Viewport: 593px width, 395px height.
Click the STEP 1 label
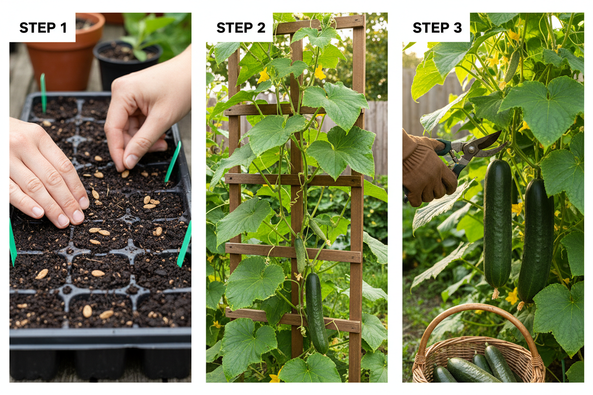43,28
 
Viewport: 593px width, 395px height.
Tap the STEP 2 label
241,28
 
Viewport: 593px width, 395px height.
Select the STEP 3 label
437,28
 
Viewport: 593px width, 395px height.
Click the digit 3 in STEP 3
458,28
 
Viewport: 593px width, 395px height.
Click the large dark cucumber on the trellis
316,313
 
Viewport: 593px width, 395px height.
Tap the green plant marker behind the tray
43,93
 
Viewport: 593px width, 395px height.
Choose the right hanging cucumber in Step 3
536,241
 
